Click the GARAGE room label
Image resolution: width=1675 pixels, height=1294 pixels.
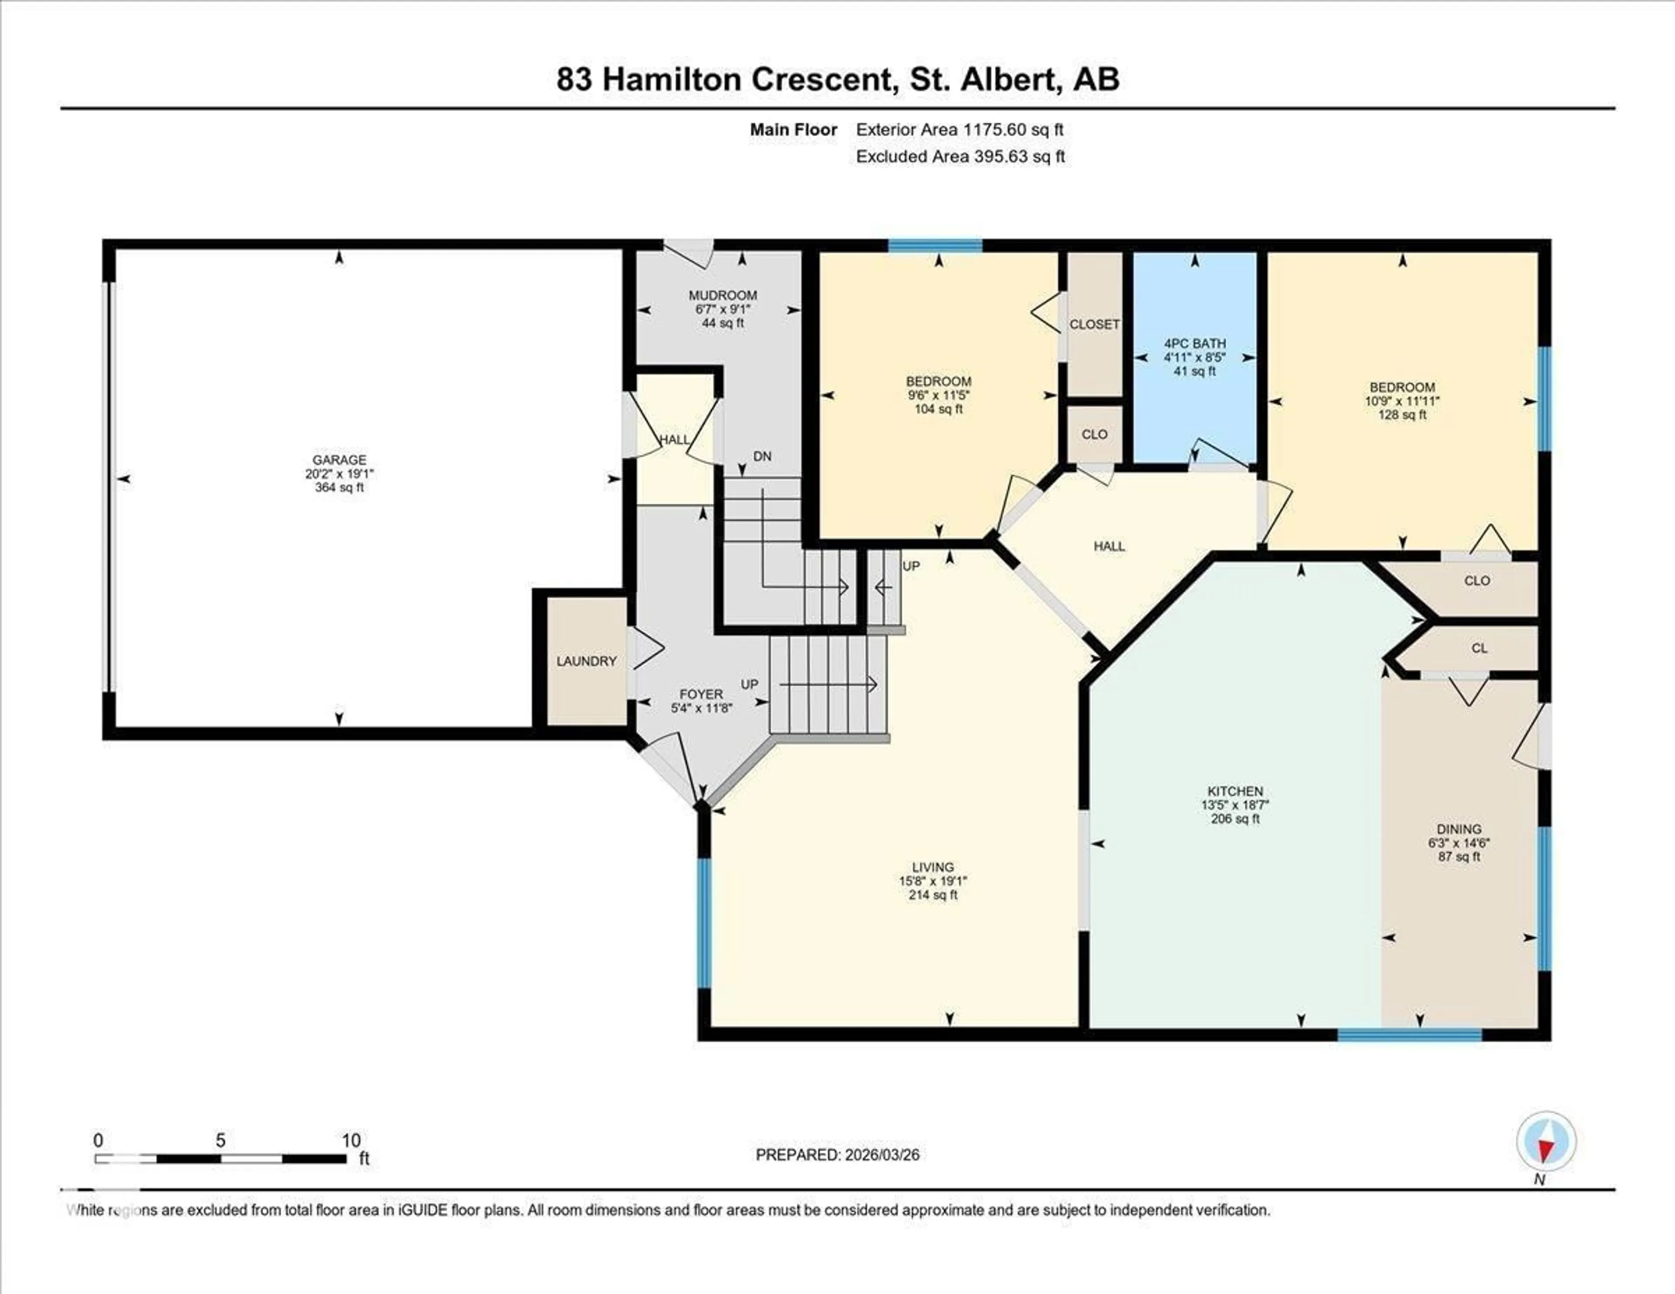click(339, 459)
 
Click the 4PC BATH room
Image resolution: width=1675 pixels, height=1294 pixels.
click(1194, 357)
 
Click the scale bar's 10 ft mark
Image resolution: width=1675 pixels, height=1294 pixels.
click(351, 1140)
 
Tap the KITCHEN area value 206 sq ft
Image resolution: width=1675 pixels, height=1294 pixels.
click(1235, 818)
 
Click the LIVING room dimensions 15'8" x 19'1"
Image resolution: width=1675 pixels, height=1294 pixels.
click(933, 881)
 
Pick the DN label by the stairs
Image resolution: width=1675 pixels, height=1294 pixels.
click(762, 456)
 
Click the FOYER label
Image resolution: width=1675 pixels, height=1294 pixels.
click(700, 694)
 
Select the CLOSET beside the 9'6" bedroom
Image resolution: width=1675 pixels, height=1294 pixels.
click(1094, 325)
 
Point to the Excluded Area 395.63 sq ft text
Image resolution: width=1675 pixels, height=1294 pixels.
click(960, 157)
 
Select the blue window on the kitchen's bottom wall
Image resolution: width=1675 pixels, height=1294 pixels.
click(1410, 1035)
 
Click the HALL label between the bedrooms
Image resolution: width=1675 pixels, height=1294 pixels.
click(1109, 546)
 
